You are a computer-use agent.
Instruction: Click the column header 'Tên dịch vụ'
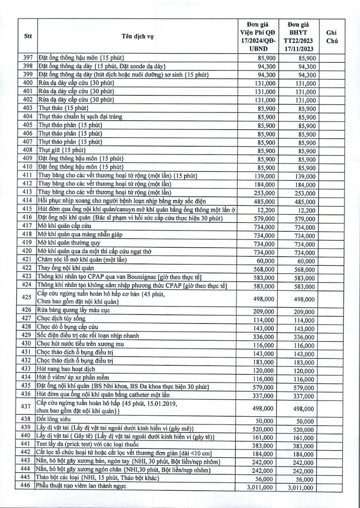tap(138, 37)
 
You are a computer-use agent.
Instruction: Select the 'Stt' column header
tap(27, 37)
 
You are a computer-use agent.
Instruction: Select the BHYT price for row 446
tap(301, 488)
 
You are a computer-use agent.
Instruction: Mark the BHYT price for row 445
tap(301, 479)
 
